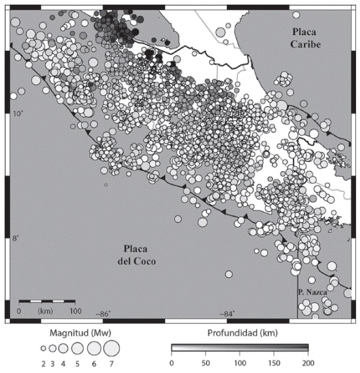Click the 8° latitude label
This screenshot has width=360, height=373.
click(x=16, y=238)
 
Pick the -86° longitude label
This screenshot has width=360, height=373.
click(x=102, y=314)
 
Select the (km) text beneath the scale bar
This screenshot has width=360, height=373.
click(x=46, y=311)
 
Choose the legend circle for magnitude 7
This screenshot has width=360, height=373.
click(x=110, y=348)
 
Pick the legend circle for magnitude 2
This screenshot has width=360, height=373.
click(x=43, y=349)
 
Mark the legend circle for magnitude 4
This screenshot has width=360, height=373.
click(x=63, y=348)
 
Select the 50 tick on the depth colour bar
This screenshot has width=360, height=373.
click(x=205, y=363)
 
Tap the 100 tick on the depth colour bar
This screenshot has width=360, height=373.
click(x=239, y=363)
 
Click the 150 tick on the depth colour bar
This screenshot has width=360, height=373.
click(x=273, y=363)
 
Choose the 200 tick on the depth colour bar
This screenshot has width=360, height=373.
click(x=307, y=363)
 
